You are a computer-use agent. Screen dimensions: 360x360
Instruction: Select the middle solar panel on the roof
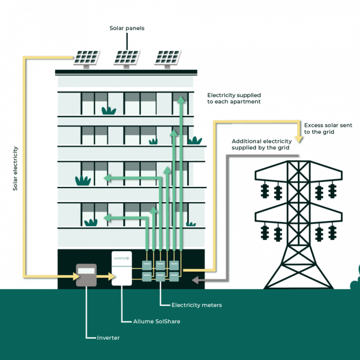[x=127, y=57]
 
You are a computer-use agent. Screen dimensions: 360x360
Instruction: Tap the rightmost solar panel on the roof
[x=168, y=57]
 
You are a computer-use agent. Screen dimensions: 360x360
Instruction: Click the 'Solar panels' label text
[x=127, y=28]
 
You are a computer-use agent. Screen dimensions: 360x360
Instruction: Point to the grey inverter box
[x=86, y=275]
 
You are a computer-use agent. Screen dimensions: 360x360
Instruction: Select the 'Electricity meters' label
[x=196, y=305]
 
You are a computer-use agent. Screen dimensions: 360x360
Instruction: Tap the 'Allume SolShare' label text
[x=157, y=322]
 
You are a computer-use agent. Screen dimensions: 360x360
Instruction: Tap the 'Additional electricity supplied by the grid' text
[x=261, y=144]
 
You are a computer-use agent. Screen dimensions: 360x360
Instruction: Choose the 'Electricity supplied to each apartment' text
[x=234, y=98]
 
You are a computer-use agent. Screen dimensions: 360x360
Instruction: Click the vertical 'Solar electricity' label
[x=15, y=169]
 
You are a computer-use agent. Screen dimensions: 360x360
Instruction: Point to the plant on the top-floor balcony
[x=109, y=111]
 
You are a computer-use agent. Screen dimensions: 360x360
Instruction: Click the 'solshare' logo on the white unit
[x=121, y=257]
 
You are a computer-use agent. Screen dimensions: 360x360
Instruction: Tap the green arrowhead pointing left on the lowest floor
[x=106, y=217]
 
